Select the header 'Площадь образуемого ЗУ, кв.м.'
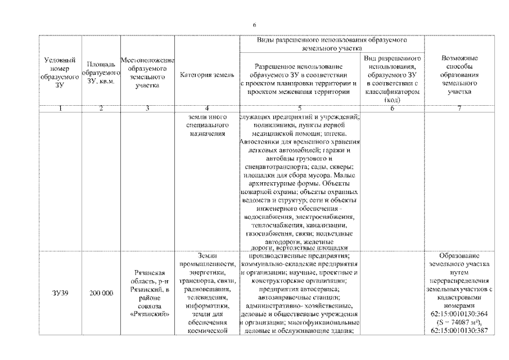point(100,71)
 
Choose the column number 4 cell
point(207,109)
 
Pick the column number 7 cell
point(460,109)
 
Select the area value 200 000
point(100,292)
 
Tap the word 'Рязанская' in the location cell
point(148,273)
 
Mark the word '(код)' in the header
point(392,100)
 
